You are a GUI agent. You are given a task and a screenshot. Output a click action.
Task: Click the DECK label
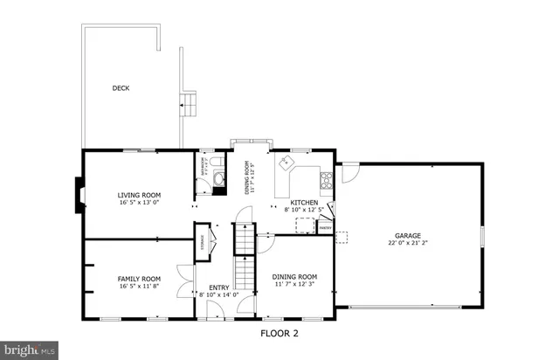click(x=121, y=87)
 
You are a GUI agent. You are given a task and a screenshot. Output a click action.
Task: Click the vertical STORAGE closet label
click(x=203, y=239)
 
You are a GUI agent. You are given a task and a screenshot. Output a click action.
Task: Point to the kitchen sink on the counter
click(x=286, y=162)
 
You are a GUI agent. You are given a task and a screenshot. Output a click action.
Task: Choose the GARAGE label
click(x=408, y=236)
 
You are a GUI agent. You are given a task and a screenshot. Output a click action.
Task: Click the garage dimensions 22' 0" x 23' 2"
click(x=408, y=244)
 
